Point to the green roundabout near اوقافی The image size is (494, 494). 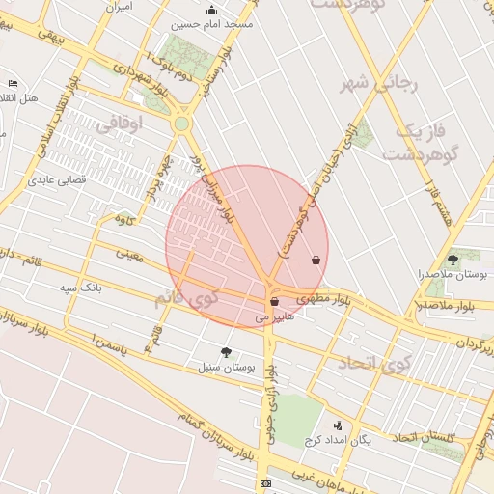(x=181, y=123)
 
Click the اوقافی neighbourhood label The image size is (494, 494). (x=120, y=123)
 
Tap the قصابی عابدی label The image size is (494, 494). (x=57, y=178)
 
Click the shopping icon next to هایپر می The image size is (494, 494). (x=275, y=302)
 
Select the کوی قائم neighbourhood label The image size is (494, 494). (x=185, y=298)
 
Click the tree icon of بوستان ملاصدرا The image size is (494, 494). (x=453, y=260)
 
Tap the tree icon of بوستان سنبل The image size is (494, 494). (x=226, y=352)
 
